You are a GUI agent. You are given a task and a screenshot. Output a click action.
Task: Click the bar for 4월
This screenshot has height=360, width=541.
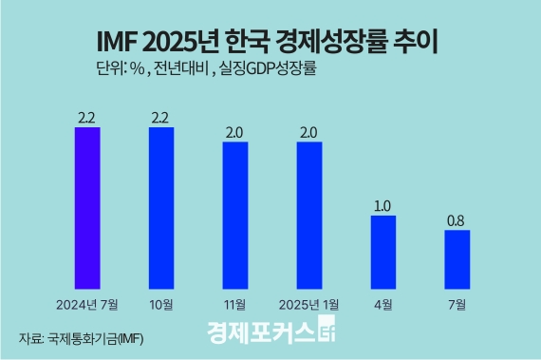383,251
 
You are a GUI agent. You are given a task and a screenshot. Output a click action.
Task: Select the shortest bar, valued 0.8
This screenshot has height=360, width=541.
457,257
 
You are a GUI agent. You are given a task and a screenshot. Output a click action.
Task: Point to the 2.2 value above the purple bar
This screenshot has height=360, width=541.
87,116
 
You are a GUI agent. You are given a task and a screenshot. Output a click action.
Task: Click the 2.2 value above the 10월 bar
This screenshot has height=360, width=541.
161,116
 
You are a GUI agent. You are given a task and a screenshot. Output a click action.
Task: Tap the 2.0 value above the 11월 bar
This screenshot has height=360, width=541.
235,131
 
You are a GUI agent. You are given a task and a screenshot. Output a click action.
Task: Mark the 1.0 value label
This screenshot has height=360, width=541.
383,204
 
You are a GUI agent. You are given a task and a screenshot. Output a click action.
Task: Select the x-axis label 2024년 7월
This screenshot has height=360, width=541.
87,304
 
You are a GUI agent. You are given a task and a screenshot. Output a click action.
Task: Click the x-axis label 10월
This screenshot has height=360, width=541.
161,304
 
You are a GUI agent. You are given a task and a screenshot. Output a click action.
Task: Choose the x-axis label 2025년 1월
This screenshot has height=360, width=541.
309,304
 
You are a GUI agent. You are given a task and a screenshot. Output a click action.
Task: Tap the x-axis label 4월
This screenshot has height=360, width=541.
383,304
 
